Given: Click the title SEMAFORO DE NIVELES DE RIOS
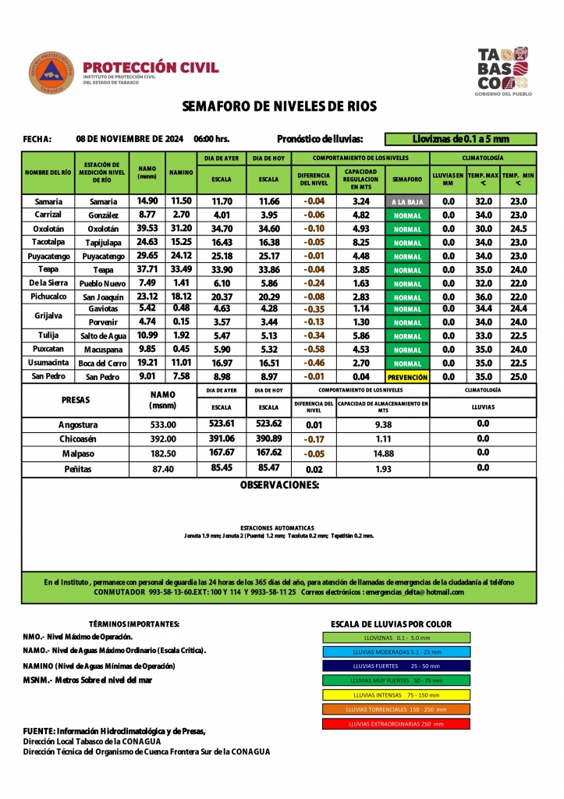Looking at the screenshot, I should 279,106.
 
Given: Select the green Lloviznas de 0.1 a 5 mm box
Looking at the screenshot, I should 460,139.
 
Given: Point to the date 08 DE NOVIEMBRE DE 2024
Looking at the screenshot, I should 129,139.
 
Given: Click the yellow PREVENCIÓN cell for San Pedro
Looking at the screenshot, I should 407,377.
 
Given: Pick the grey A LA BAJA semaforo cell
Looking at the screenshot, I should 407,202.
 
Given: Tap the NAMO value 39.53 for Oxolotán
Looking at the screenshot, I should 147,229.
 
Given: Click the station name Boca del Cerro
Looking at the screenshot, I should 102,364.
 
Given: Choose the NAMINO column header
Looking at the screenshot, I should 181,174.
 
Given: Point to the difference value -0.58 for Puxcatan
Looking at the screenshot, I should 314,350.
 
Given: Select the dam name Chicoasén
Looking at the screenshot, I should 78,439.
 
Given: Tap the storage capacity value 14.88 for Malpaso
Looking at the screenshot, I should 383,453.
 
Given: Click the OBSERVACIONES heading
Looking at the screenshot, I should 279,485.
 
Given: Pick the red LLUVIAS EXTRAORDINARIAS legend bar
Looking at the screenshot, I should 396,723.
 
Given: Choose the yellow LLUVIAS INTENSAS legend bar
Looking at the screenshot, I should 396,694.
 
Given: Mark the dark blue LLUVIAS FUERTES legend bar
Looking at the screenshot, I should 396,666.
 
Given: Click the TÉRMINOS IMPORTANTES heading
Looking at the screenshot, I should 134,624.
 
